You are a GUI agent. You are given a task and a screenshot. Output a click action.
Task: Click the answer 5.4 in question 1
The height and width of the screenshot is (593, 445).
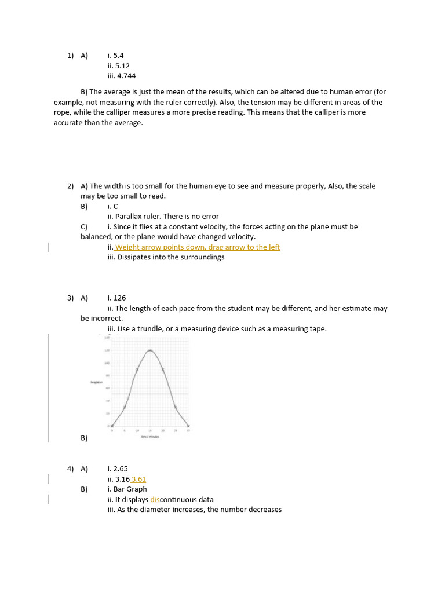118,56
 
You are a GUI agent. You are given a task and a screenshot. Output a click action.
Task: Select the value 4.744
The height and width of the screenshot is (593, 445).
126,76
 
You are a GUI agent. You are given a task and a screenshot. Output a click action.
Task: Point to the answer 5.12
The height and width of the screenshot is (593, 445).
122,66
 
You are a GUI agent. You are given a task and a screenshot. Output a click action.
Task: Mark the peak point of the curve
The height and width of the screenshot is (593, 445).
150,350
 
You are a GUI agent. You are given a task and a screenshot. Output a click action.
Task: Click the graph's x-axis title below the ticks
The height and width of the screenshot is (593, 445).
150,437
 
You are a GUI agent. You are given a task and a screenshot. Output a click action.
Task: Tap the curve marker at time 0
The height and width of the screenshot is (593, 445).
112,426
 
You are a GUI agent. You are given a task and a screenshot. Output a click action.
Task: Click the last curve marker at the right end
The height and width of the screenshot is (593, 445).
188,426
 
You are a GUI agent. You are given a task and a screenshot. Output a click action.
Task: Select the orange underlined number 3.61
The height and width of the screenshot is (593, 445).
138,479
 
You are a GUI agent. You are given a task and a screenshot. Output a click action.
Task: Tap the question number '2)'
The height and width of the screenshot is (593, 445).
70,186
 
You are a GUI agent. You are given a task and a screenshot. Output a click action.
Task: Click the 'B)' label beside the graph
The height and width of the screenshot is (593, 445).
84,438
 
